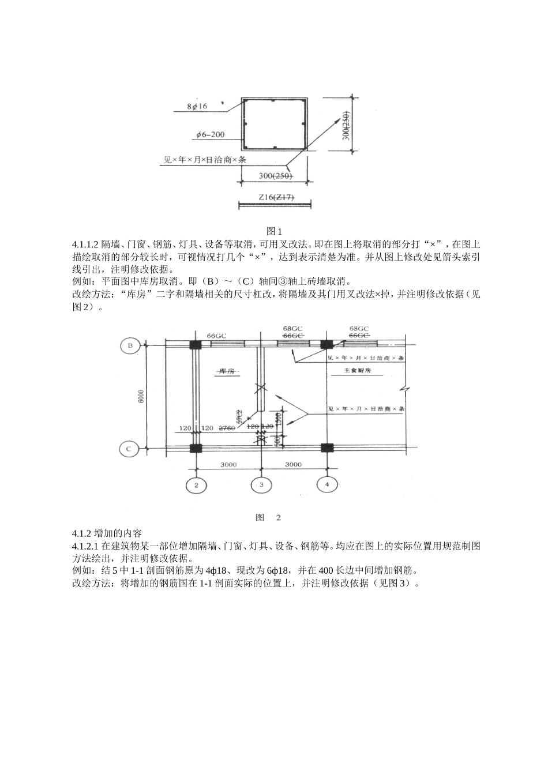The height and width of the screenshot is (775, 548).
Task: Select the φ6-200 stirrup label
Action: tap(210, 136)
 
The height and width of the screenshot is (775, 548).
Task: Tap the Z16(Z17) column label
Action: tap(276, 197)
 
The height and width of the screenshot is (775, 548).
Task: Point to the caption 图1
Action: tap(273, 231)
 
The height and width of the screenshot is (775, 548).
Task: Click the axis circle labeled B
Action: tap(130, 345)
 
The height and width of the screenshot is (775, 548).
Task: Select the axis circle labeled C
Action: tap(130, 448)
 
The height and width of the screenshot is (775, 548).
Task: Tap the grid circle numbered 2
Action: tap(196, 486)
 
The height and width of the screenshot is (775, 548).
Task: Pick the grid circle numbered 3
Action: tap(261, 485)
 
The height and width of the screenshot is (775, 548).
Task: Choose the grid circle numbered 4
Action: tap(327, 484)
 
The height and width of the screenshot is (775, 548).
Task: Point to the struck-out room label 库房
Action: tap(226, 372)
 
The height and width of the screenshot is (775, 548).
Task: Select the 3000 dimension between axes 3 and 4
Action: tap(293, 464)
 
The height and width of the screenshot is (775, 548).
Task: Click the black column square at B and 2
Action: tap(196, 345)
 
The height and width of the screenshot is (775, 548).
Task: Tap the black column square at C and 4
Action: tap(327, 448)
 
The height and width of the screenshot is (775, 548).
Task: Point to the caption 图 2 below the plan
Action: tap(268, 517)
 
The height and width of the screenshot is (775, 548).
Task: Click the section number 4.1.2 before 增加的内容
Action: tap(82, 533)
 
